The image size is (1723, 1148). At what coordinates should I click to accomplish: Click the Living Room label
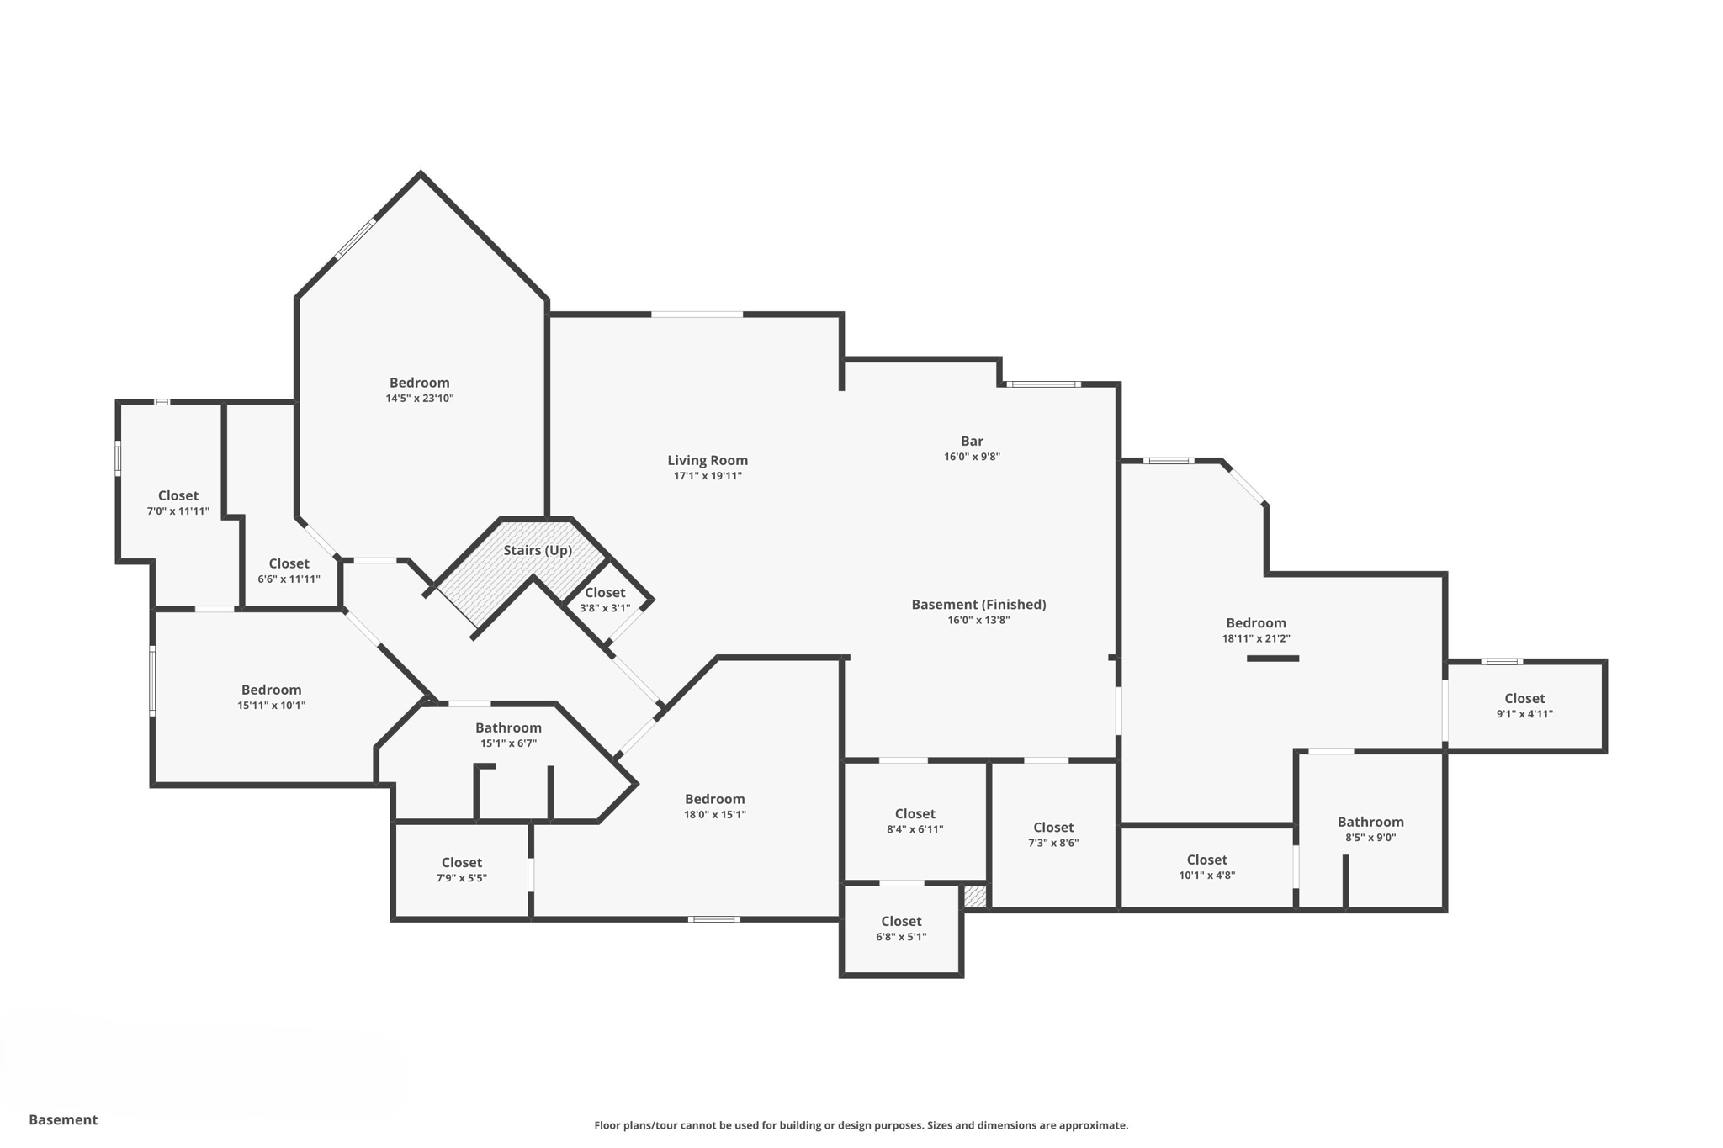(x=707, y=460)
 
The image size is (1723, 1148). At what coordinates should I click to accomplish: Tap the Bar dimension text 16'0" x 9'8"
(x=972, y=457)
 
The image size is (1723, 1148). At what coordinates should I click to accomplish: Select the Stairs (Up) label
(x=538, y=550)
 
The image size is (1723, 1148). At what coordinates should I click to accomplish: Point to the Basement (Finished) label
(x=978, y=604)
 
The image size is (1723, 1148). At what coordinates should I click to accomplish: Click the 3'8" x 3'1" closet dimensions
(x=604, y=608)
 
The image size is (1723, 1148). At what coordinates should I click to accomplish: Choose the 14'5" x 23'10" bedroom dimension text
(x=419, y=399)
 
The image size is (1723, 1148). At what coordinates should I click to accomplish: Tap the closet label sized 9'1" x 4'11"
(x=1524, y=698)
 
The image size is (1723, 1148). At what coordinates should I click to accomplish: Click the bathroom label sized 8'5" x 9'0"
(x=1370, y=822)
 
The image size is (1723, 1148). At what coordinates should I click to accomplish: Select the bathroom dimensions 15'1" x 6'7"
(x=508, y=743)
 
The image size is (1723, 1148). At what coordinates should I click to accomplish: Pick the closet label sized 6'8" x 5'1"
(x=901, y=921)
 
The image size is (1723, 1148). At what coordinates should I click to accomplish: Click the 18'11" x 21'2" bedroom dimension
(x=1255, y=638)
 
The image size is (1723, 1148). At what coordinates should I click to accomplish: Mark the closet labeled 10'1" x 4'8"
(x=1206, y=860)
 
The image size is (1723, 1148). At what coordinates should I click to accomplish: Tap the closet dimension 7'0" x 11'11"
(x=178, y=511)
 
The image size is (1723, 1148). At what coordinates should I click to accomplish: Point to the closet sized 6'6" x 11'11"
(x=289, y=563)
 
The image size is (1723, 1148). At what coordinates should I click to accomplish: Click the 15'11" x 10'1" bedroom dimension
(x=271, y=706)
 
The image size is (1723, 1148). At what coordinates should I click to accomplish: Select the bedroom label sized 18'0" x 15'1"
(x=714, y=799)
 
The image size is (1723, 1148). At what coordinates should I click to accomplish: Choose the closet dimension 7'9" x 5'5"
(x=461, y=878)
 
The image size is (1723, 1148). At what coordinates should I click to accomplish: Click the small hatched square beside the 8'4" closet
(x=974, y=897)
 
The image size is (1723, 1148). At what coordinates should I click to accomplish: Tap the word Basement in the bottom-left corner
(x=63, y=1119)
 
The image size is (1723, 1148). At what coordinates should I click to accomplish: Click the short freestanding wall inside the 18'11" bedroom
(x=1272, y=659)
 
